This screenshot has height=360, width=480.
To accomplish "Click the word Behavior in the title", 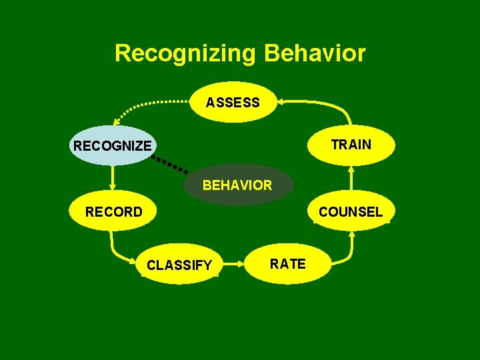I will point(315,53).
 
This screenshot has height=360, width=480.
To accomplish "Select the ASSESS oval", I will point(233,102).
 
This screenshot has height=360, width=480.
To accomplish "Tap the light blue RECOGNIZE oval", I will point(113,145).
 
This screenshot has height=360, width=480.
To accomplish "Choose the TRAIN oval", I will point(351,145).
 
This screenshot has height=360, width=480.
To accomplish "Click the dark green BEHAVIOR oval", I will point(237,185).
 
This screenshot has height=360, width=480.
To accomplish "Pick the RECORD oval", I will point(113,212).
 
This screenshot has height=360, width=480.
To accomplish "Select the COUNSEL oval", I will point(351,212).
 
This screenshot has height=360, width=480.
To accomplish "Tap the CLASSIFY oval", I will point(179,265).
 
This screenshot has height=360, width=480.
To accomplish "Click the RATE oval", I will point(287,264).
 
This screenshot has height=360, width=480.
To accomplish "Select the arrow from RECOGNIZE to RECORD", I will point(113,178).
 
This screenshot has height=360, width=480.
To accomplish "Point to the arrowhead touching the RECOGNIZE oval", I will point(115,122).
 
